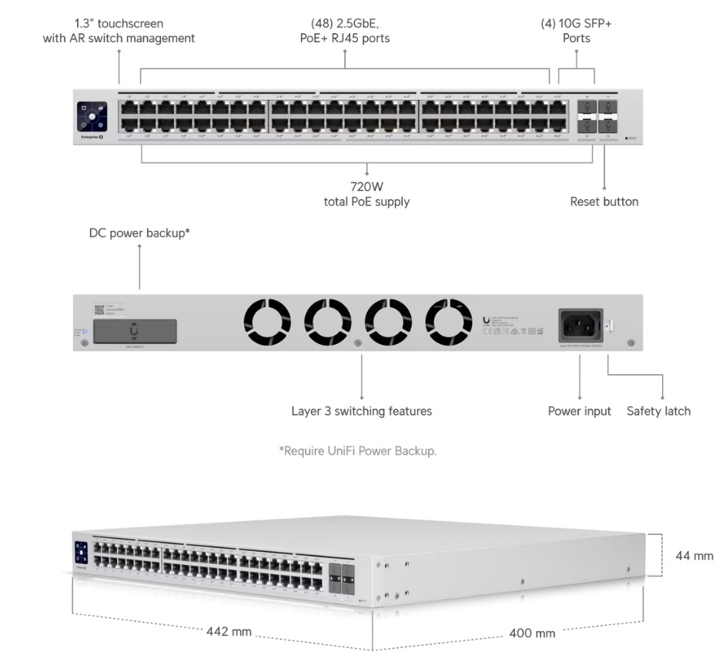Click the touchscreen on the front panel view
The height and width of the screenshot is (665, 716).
[92, 117]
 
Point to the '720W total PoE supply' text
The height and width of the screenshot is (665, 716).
[366, 194]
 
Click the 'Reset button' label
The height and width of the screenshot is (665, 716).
[604, 202]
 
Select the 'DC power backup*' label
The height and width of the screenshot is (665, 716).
[139, 233]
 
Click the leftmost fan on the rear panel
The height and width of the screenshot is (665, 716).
[267, 322]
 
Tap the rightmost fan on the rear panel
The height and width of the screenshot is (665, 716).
[449, 322]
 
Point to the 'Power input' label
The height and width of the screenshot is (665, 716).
[579, 411]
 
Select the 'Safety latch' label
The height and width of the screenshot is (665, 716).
[658, 411]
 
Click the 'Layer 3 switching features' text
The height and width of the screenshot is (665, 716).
[361, 411]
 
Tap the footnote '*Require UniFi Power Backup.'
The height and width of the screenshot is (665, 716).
[357, 451]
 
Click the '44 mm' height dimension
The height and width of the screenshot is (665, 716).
[694, 556]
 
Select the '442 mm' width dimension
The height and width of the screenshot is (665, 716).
[229, 632]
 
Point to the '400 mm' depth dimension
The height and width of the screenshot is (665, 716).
[531, 633]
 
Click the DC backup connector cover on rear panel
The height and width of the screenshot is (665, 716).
[136, 331]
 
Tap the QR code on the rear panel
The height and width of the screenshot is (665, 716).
[99, 309]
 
